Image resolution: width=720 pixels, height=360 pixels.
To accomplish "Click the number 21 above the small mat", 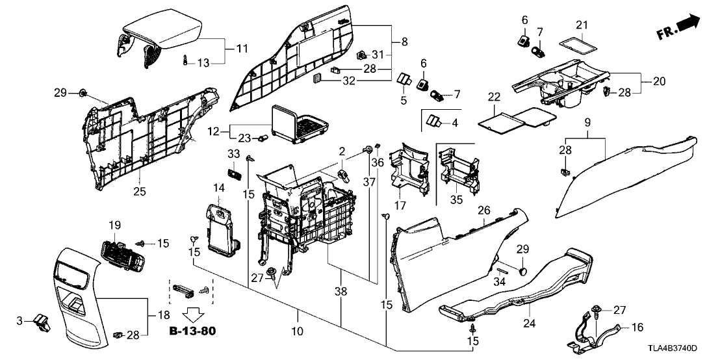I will pos(582,25).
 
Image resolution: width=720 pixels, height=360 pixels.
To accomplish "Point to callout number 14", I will pos(218,188).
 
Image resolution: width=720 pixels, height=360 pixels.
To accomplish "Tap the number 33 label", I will pos(233,154).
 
